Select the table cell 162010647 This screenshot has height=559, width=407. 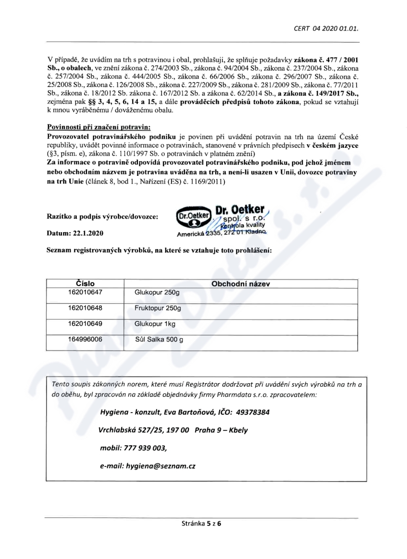85,293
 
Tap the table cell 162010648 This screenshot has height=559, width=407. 85,308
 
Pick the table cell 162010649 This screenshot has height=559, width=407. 85,324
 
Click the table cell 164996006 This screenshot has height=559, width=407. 85,339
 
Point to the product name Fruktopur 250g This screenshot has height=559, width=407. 158,308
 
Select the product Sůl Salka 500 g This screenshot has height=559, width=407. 159,339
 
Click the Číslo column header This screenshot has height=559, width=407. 85,283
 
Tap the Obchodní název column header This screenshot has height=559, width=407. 240,283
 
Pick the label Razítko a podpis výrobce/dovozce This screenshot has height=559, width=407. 102,216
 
